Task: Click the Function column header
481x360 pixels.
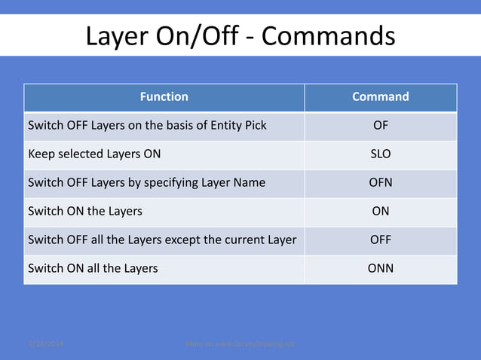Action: [x=164, y=97]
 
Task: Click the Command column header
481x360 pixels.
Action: [x=381, y=97]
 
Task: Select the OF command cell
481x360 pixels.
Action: [x=381, y=126]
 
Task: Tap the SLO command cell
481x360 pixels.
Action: [x=381, y=154]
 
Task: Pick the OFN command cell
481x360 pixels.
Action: [x=381, y=183]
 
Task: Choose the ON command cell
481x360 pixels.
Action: [x=381, y=212]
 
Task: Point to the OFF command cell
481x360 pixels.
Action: [x=381, y=240]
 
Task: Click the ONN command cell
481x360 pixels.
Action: [x=381, y=268]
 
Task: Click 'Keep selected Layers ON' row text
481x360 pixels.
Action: [x=94, y=154]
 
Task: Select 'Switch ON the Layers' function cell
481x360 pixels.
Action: [x=85, y=212]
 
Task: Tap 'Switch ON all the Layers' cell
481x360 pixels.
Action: [x=93, y=268]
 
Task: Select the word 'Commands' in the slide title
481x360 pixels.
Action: [x=329, y=35]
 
